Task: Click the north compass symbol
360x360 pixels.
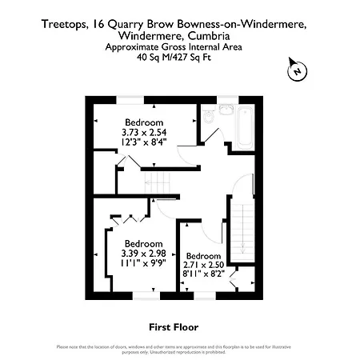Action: click(296, 72)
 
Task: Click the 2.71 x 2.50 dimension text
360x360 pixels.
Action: click(204, 265)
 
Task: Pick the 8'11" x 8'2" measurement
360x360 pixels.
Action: click(204, 274)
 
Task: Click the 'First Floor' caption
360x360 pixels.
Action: click(174, 327)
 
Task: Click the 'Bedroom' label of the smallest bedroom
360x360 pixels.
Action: click(203, 255)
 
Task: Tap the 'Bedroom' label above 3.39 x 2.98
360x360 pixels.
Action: click(143, 243)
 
